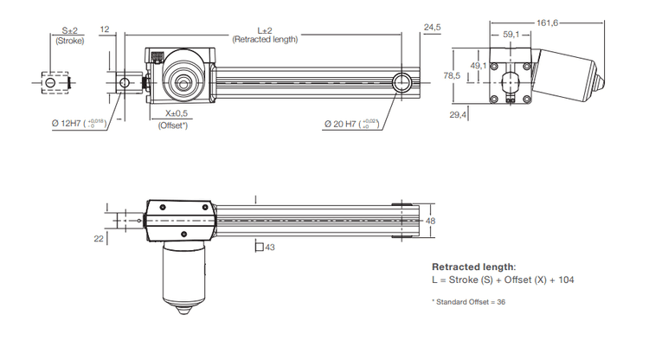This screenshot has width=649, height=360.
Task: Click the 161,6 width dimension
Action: click(548, 23)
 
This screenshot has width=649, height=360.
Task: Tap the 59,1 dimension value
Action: click(511, 35)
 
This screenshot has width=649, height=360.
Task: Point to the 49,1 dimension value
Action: click(478, 65)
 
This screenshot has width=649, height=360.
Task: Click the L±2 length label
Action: click(265, 30)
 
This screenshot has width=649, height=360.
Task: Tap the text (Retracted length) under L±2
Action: click(265, 40)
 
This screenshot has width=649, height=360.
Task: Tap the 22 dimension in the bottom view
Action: click(100, 237)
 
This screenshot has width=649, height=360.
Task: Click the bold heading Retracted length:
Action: click(473, 267)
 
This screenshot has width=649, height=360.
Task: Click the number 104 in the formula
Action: click(565, 280)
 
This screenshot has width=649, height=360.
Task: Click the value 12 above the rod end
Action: click(105, 29)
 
